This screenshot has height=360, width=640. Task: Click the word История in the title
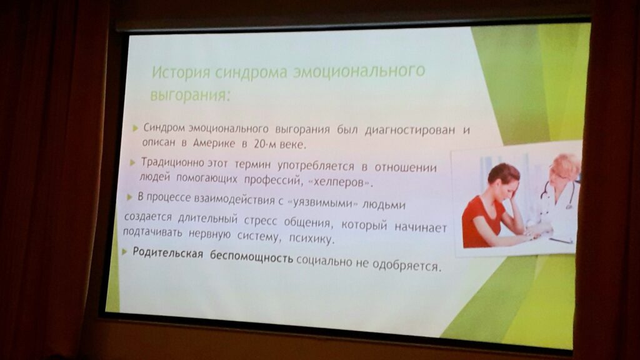(x=181, y=72)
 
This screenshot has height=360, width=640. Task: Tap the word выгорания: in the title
(x=191, y=95)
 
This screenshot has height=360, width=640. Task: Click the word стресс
(x=260, y=221)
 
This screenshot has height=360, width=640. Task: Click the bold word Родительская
(x=167, y=253)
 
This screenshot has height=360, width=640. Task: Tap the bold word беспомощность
(x=251, y=257)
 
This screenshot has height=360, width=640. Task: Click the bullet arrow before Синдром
(x=136, y=129)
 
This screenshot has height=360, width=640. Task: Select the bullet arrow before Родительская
(x=124, y=252)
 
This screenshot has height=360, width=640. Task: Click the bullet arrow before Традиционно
(x=132, y=163)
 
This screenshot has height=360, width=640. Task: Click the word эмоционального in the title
(x=359, y=71)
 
